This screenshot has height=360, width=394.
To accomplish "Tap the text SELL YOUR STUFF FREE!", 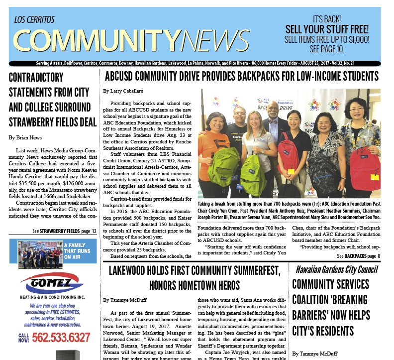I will [x=327, y=29].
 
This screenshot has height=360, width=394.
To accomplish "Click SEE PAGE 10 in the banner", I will [x=326, y=49].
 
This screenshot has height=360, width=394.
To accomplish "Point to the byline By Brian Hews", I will [x=25, y=137].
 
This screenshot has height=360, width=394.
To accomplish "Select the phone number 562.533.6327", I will [x=61, y=338].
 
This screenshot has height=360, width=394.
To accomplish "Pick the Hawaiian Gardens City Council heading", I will [x=336, y=270].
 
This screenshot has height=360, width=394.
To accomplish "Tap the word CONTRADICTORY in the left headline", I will [x=36, y=78].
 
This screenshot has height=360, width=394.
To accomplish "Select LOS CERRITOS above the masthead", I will [x=35, y=20].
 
